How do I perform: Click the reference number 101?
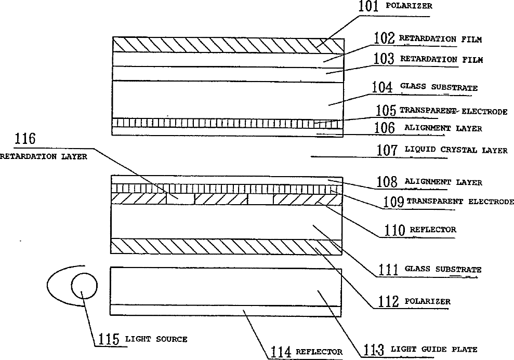tap(370, 7)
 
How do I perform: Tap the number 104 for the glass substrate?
tap(383, 87)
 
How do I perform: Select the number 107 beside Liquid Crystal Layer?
tap(388, 150)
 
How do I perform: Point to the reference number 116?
tap(25, 139)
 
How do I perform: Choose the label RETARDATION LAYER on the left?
tap(44, 156)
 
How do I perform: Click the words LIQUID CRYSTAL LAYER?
tap(456, 150)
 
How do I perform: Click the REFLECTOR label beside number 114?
tap(319, 352)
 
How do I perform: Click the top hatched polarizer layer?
tap(227, 44)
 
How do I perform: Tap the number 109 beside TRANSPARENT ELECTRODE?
tap(393, 202)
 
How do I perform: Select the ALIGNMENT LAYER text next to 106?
tap(443, 128)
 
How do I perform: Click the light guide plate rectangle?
tap(226, 286)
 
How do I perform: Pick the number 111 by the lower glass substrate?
tap(387, 269)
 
